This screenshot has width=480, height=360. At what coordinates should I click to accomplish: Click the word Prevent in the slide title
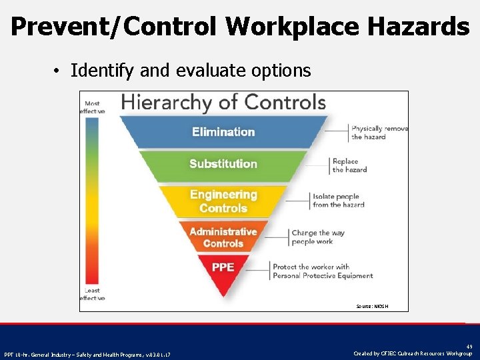click(x=54, y=27)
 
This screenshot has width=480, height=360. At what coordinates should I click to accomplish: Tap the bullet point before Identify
click(x=59, y=71)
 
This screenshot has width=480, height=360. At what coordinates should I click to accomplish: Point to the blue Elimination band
click(x=223, y=132)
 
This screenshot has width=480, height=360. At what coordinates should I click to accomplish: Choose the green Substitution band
click(x=223, y=164)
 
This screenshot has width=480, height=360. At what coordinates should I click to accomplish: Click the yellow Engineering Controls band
click(x=223, y=201)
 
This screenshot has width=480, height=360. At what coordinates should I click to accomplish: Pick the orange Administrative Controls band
click(x=223, y=237)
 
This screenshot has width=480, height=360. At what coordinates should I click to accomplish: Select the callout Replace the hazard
click(x=349, y=165)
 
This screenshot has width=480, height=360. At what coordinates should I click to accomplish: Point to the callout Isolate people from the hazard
click(x=339, y=201)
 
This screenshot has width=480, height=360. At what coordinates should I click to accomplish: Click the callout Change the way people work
click(x=318, y=237)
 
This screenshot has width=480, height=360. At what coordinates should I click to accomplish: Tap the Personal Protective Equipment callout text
click(x=322, y=271)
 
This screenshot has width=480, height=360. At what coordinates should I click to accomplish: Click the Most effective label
click(x=93, y=107)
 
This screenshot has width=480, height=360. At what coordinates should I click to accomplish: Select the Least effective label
click(x=93, y=294)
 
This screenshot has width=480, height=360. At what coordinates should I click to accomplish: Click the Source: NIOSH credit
click(x=372, y=306)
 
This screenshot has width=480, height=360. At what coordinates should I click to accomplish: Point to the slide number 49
click(x=469, y=347)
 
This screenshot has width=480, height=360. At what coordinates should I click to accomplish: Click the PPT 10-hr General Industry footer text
click(x=87, y=354)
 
